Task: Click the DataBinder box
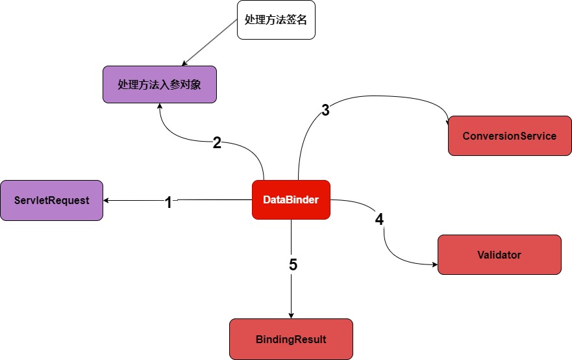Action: tap(291, 199)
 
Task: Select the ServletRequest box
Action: tap(51, 200)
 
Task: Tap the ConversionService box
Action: tap(510, 136)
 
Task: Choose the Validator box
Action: tap(499, 255)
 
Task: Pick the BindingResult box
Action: tap(291, 339)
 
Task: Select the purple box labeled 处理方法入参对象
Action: tap(159, 84)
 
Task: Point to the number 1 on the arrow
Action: tap(168, 203)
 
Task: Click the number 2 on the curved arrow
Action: tap(218, 144)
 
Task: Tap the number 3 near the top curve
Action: tap(325, 110)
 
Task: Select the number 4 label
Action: tap(379, 220)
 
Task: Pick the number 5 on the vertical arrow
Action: tap(293, 264)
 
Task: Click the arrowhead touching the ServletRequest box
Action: tap(106, 200)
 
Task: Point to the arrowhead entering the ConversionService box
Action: tap(448, 123)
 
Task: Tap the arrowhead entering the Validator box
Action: tap(434, 264)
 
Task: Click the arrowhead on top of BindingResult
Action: tap(291, 315)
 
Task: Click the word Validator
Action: tap(499, 255)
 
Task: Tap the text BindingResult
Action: tap(291, 339)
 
